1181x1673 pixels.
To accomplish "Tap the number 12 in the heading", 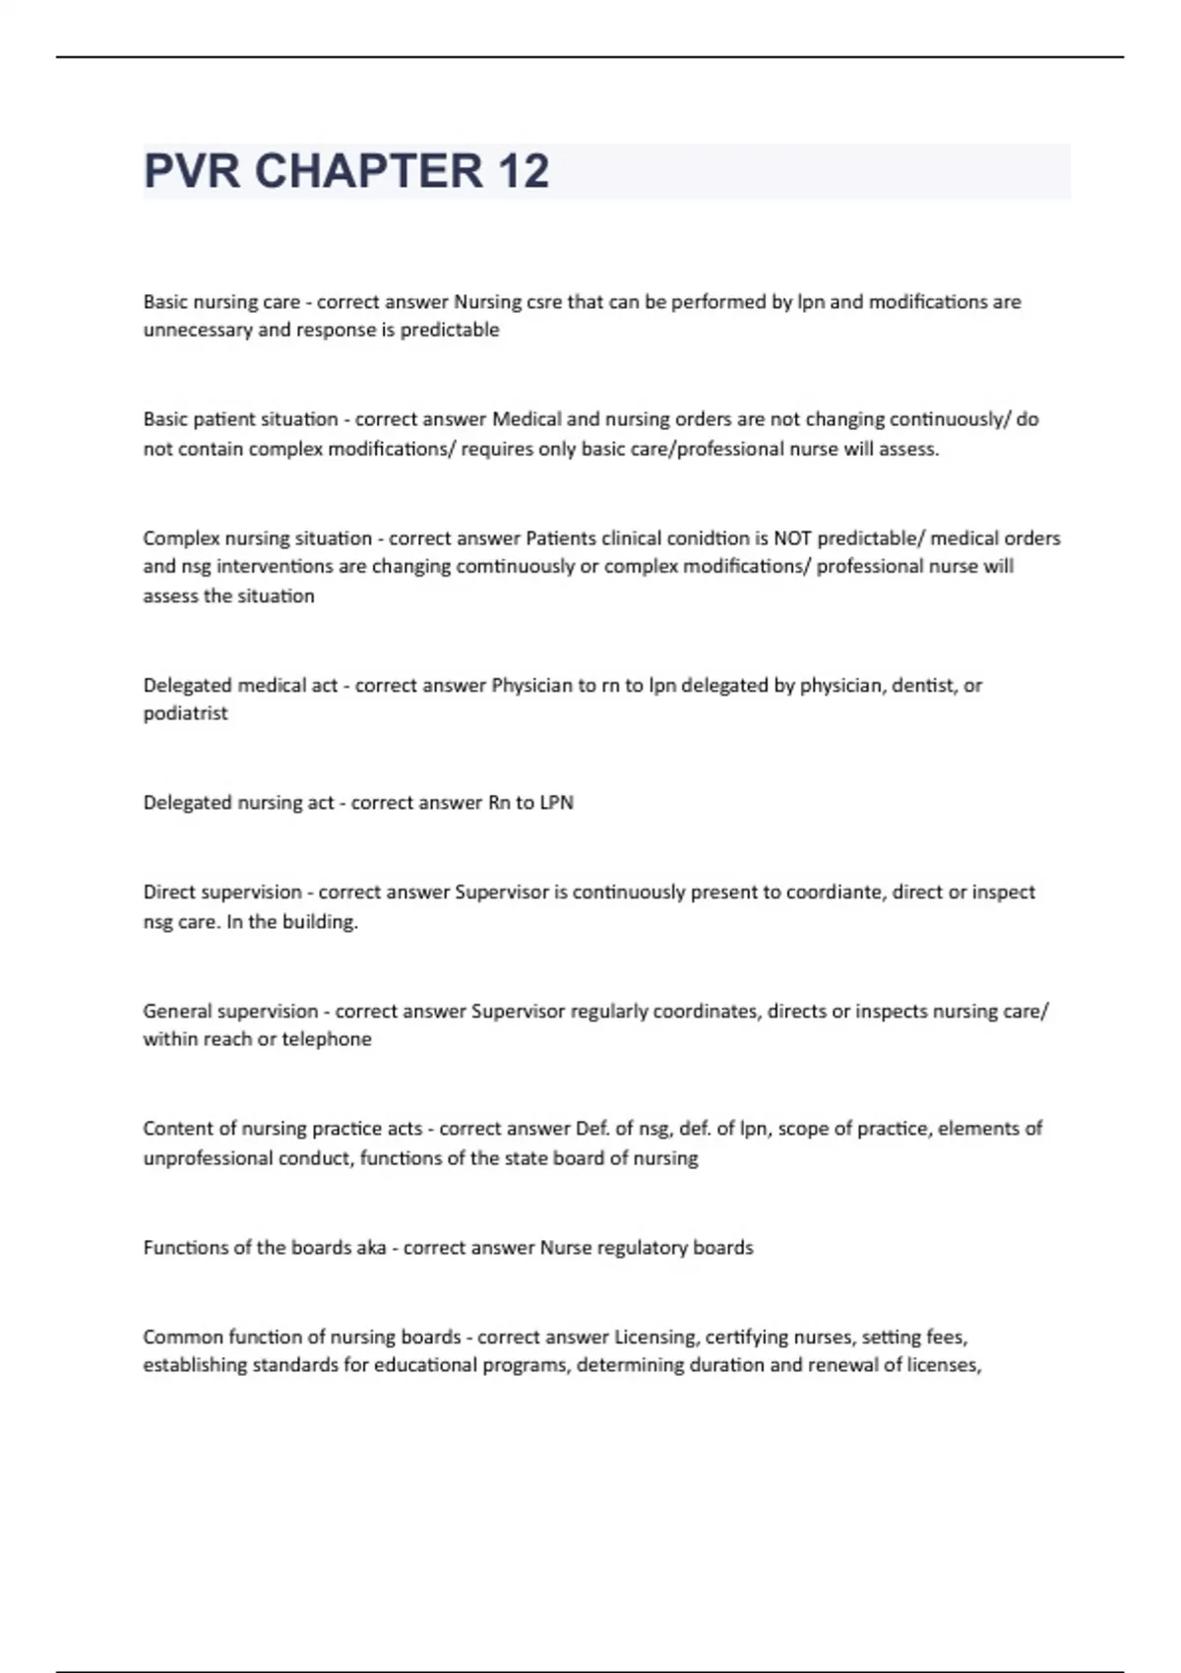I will point(524,171).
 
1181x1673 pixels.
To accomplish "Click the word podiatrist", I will point(185,713).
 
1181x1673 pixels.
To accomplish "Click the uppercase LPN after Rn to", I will point(556,803).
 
